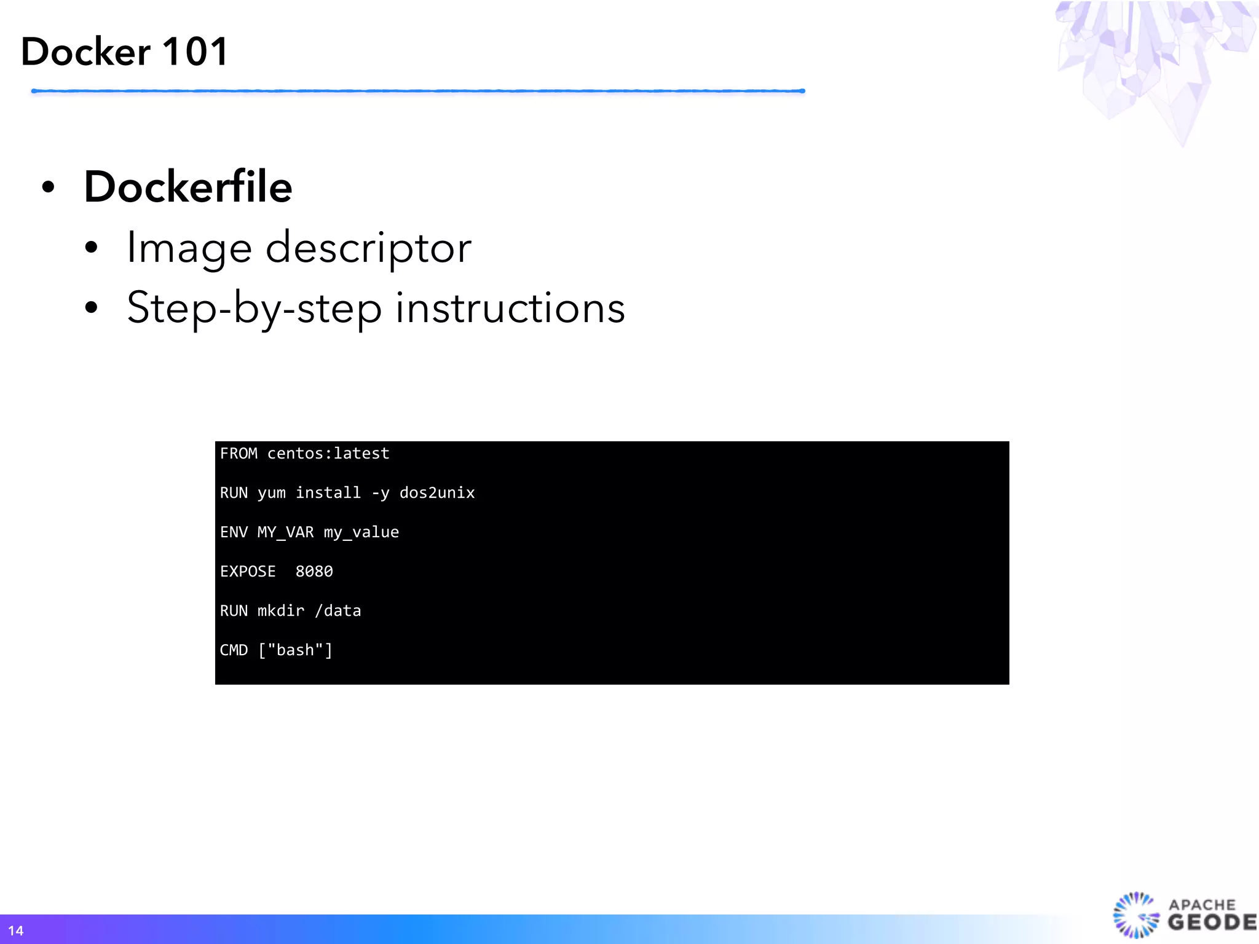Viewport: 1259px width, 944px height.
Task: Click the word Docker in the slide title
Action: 86,52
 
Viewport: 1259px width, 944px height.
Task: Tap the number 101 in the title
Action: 195,52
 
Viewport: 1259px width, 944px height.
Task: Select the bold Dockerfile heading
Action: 188,187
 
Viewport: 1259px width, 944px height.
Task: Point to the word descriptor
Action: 368,248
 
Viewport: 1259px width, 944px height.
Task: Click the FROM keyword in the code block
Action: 239,454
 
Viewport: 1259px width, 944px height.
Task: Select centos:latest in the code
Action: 328,454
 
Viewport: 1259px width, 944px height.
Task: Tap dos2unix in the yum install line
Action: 437,493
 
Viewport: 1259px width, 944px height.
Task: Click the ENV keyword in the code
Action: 234,532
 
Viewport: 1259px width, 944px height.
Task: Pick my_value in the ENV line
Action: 361,532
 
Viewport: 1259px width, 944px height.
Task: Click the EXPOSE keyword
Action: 248,572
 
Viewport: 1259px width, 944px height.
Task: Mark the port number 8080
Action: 314,572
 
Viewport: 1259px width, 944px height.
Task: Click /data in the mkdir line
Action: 338,611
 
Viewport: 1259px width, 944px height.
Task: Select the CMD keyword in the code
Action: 234,650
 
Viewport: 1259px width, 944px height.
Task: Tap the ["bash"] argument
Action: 296,650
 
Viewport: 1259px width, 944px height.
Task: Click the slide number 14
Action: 16,930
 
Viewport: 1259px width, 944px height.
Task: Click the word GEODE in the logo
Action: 1212,922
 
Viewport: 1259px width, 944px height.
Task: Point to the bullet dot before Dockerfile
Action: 49,187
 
